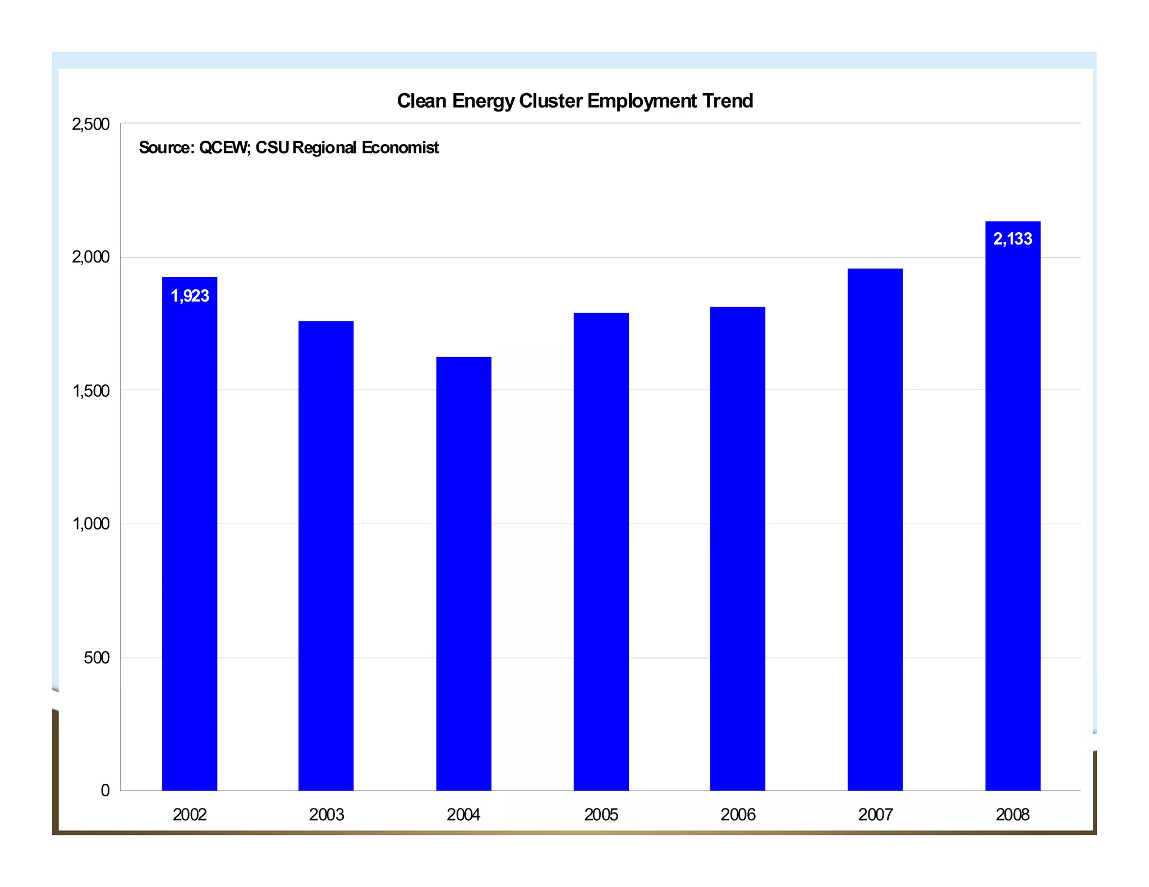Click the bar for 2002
190,533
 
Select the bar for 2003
326,555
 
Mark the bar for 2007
875,529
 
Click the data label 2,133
1013,239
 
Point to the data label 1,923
190,296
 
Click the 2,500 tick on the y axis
90,124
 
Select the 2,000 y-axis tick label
90,257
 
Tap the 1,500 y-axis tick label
90,391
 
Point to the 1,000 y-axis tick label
90,524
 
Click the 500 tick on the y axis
96,658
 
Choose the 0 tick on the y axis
105,791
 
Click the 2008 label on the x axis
1013,815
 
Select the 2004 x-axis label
463,815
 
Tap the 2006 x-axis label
738,815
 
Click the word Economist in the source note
400,147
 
